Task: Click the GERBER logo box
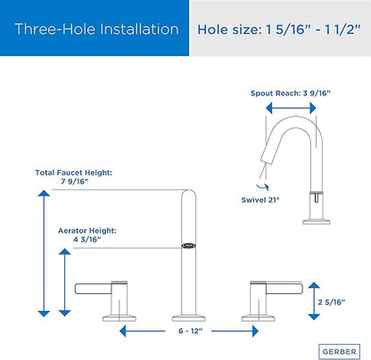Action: click(339, 352)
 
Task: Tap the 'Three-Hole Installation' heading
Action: click(96, 29)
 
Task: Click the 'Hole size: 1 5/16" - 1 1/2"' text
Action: click(279, 29)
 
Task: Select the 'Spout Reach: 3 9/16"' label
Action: click(291, 94)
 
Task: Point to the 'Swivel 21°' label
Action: click(260, 200)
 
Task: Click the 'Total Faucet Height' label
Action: click(74, 173)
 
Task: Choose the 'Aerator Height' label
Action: click(87, 231)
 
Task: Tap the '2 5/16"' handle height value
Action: click(332, 302)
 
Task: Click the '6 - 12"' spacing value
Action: click(190, 331)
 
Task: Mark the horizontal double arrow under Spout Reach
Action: click(291, 108)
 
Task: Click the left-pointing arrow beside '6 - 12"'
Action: click(142, 331)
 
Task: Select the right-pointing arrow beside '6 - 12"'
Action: click(235, 331)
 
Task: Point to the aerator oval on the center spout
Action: click(188, 246)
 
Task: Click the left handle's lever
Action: click(93, 289)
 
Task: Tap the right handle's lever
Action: click(284, 288)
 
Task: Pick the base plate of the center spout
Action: click(189, 318)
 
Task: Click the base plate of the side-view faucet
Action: click(317, 222)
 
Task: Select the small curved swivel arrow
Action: click(262, 186)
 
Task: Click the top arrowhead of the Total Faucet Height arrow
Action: click(44, 193)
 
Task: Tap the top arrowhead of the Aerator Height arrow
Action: click(64, 251)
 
